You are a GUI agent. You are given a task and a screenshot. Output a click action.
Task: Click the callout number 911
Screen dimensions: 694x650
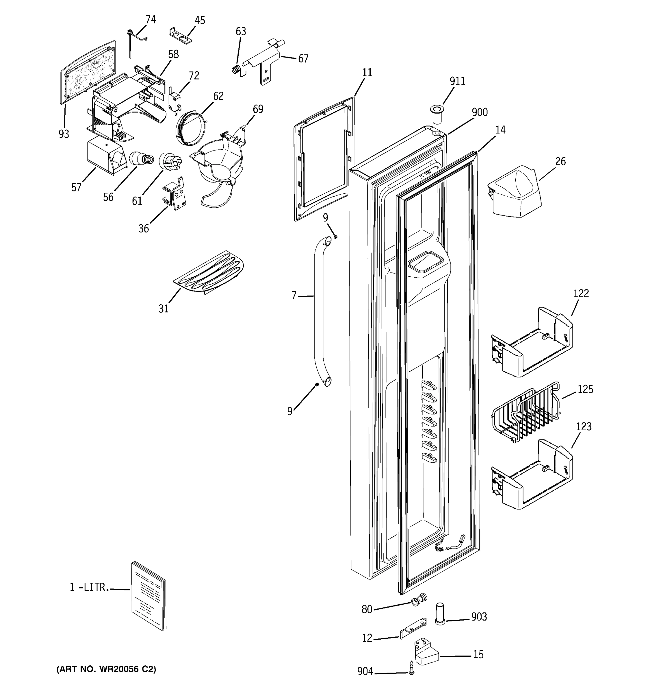pos(457,81)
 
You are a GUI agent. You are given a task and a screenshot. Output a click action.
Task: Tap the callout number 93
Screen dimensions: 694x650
pos(64,134)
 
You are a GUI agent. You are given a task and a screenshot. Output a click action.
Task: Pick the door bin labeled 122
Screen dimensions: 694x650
pos(532,343)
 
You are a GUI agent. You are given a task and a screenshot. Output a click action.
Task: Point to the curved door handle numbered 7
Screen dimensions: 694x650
pos(319,311)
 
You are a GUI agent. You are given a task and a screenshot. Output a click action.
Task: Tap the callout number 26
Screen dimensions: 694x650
pos(560,161)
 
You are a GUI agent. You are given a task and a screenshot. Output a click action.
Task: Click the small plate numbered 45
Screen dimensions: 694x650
pos(181,36)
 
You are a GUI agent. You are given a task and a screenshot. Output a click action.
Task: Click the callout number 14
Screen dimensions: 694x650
pos(500,130)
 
